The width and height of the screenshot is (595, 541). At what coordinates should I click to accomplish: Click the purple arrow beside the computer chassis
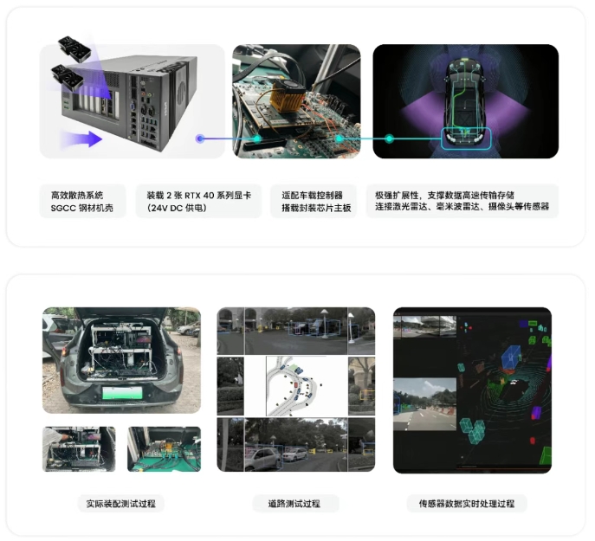pos(83,138)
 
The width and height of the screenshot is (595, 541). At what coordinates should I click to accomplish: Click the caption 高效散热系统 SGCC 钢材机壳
pos(82,202)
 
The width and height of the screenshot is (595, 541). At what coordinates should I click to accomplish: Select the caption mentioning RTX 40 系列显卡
pos(199,202)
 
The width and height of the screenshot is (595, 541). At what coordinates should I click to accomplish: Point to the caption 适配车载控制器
pos(312,196)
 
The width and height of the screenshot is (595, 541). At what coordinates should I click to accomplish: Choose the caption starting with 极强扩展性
pos(462,202)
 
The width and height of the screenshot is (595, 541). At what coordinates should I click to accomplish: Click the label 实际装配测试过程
pos(120,504)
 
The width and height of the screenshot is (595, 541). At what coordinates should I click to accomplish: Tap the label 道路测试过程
pos(294,504)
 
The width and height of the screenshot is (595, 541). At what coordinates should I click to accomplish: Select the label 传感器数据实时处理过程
pos(466,504)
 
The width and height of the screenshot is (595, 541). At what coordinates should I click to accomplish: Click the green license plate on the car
pos(122,393)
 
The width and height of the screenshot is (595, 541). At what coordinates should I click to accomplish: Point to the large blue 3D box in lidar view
pos(512,357)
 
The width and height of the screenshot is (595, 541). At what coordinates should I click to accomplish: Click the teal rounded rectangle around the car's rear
pos(466,138)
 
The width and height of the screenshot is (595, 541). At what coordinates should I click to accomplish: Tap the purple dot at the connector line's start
pos(200,138)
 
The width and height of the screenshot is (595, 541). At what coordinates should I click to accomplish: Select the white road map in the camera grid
pos(295,386)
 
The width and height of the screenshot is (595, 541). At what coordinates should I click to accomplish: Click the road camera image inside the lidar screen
pos(424,404)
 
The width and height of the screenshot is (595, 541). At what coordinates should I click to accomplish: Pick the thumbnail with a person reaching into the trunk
pos(79,449)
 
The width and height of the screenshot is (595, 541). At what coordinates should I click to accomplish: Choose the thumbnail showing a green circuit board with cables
pos(164,449)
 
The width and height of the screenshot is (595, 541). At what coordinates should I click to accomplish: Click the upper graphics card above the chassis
pos(74,48)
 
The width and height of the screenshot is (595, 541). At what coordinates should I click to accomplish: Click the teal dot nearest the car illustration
pos(390,138)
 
